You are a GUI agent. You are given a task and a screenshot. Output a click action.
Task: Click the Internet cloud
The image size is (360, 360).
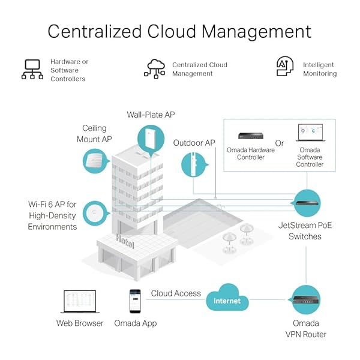227,299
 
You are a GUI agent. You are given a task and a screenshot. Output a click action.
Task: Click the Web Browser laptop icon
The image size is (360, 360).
80,302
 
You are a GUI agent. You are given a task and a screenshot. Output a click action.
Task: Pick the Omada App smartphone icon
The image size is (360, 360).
135,301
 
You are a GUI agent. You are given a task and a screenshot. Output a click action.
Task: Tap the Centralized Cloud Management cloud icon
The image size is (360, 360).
154,69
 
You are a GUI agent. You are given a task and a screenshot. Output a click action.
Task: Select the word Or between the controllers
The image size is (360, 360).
280,143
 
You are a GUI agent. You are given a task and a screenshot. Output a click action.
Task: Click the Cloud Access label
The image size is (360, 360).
176,293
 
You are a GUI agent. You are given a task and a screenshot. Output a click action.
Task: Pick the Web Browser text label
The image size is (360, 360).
80,323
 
